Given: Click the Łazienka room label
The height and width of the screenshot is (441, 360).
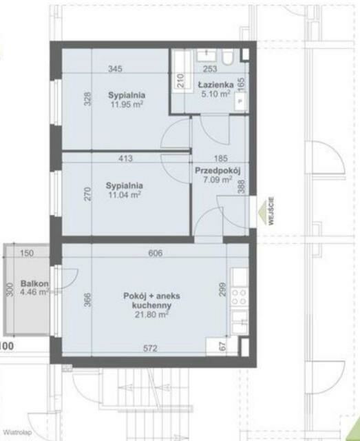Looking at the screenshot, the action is click(215, 85).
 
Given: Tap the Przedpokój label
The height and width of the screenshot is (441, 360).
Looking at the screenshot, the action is click(218, 171).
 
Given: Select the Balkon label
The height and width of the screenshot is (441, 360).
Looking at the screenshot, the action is click(34, 283).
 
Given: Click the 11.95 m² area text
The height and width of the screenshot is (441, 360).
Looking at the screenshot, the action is click(127, 105).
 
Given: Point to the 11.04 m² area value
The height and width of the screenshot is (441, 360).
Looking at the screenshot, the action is click(125, 194).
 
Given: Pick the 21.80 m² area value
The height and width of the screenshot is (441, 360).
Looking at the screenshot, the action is click(151, 314).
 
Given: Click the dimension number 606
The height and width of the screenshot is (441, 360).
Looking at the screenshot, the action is click(156, 253).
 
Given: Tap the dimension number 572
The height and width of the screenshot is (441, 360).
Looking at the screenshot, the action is click(150, 349).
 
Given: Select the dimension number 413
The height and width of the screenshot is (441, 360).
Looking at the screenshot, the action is click(125, 158).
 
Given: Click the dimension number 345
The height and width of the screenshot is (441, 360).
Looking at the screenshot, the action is click(115, 69).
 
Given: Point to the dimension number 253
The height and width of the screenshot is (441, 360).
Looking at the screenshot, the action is click(210, 69).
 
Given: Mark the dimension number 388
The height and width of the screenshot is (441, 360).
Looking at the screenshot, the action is click(242, 187).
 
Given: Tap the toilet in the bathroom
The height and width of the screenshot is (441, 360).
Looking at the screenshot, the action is click(227, 57).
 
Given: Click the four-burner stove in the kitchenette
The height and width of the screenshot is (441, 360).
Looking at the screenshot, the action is click(240, 297).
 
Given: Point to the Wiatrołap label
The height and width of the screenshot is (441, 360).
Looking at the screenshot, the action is click(18, 432).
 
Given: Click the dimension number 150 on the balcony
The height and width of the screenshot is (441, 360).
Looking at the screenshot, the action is click(27, 253).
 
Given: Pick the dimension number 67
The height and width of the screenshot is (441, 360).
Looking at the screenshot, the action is click(222, 346).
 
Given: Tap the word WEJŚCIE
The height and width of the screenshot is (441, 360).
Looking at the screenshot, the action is click(271, 212).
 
